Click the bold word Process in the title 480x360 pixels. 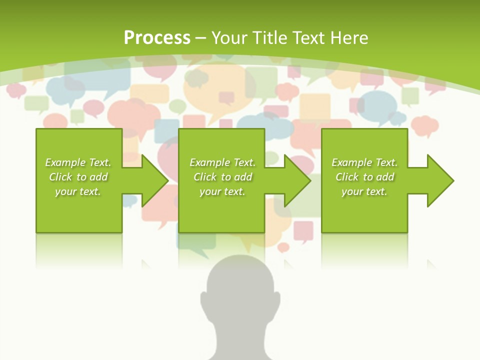pos(157,37)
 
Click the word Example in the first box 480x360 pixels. pos(65,162)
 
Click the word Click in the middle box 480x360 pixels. pos(204,177)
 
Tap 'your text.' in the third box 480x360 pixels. pos(364,191)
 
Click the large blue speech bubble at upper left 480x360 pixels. pos(97,80)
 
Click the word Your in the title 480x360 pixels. pos(228,38)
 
